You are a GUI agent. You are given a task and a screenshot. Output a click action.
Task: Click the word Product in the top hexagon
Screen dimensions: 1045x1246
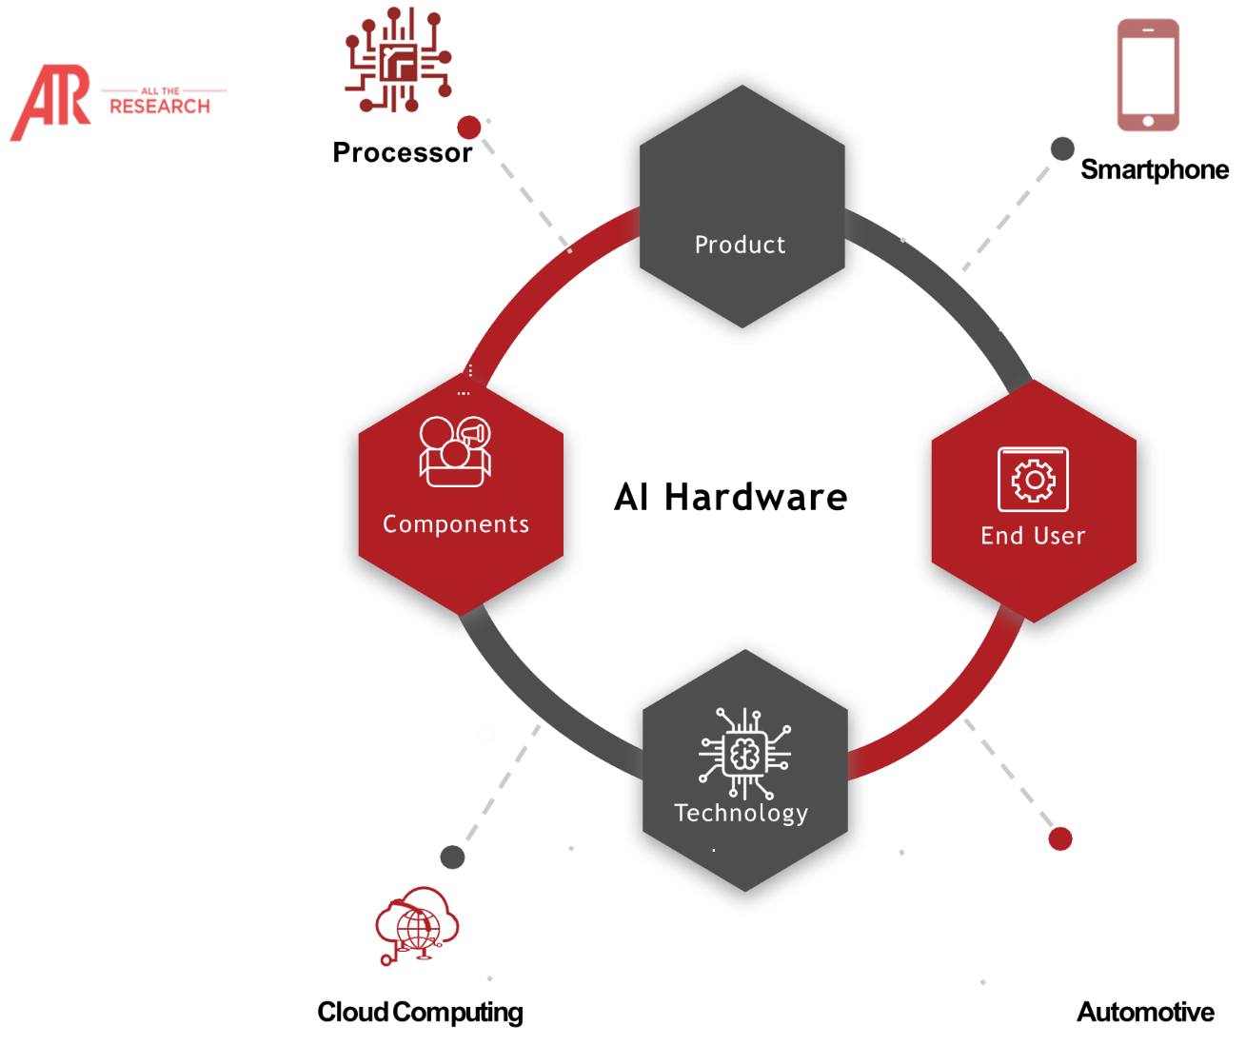point(740,245)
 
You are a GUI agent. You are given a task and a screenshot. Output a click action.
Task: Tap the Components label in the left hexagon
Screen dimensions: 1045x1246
point(456,524)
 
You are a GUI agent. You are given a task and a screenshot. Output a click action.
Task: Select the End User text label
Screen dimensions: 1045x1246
point(1033,536)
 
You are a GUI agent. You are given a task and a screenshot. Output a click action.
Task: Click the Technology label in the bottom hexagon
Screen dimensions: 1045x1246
point(742,813)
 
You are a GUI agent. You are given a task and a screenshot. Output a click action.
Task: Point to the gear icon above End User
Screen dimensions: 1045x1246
point(1033,480)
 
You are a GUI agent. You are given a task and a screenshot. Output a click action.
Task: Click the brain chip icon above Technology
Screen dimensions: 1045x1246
point(744,754)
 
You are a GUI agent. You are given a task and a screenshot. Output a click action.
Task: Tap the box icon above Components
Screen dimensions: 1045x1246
point(455,452)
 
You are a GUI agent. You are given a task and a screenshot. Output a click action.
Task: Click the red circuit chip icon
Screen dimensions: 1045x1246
point(398,60)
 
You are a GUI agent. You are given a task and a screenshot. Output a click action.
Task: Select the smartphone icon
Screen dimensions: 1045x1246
point(1148,75)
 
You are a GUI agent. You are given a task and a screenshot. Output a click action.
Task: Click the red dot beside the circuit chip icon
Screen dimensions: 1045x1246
point(469,128)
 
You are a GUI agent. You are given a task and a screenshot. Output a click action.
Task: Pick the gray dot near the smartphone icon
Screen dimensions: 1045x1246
point(1062,148)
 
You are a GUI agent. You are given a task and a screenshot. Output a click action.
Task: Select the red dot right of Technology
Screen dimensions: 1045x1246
point(1060,838)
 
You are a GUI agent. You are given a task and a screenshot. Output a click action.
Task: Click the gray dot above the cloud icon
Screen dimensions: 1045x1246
point(452,857)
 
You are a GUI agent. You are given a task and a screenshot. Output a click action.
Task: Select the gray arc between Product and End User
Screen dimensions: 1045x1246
point(952,286)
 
